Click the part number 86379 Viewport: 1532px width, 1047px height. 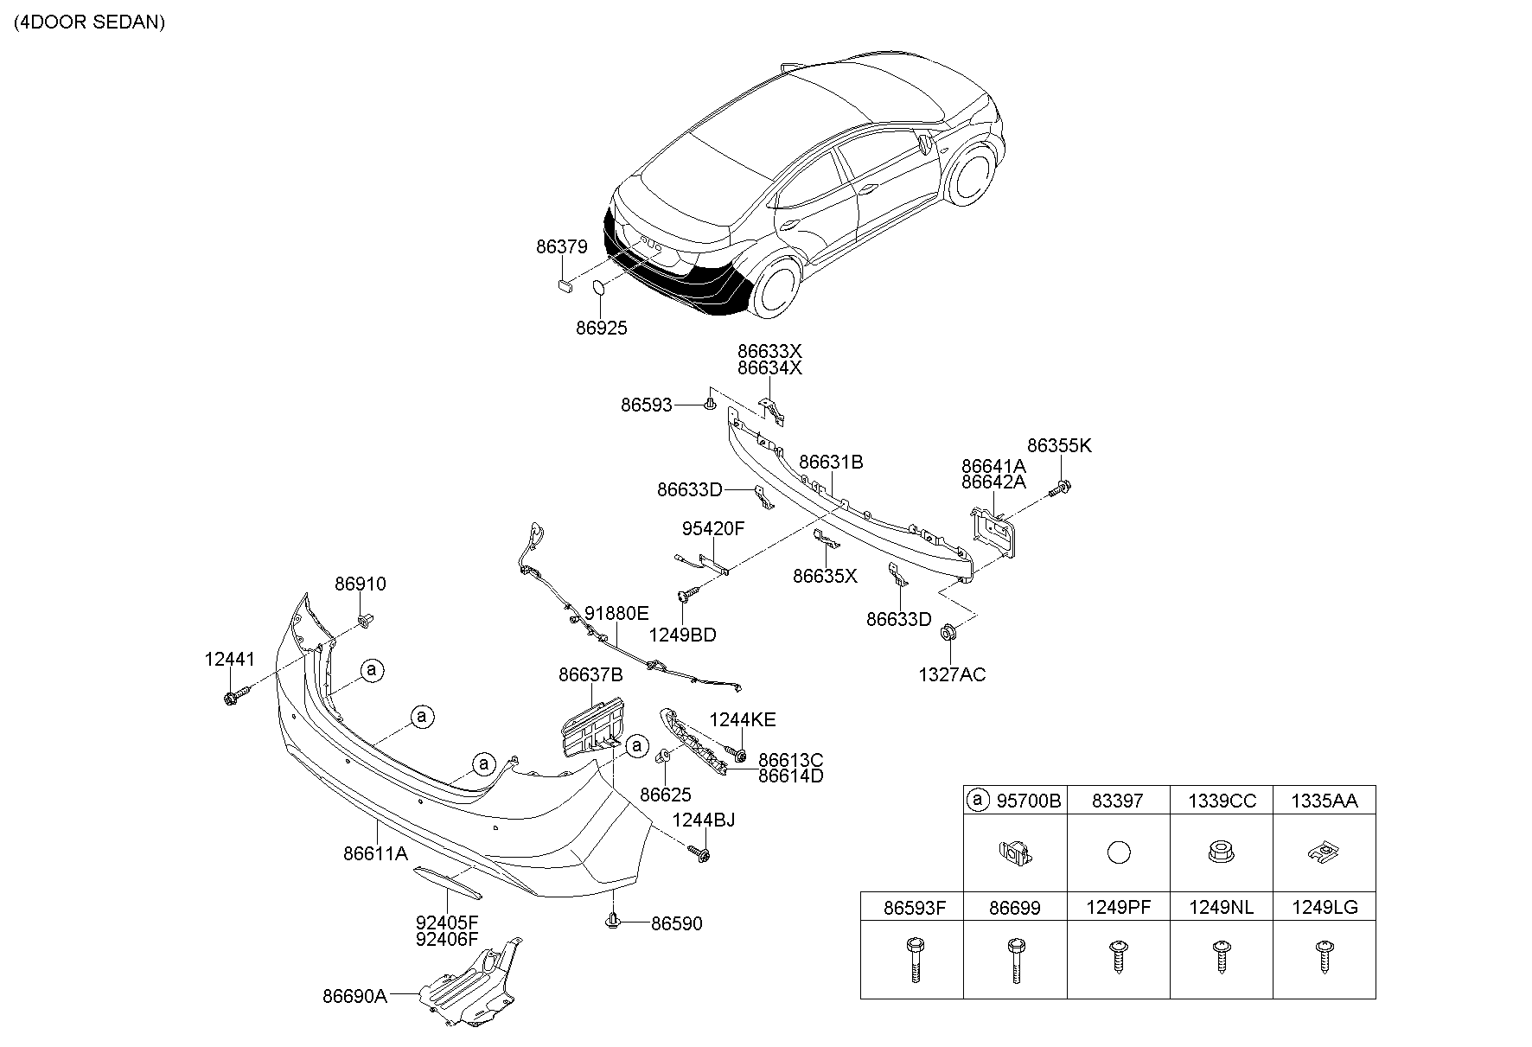pos(561,246)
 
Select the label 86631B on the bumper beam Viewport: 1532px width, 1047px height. pos(831,463)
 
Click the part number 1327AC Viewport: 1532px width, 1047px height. pos(951,674)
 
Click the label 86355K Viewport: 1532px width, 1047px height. pos(1059,446)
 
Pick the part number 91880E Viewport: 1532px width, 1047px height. pos(616,614)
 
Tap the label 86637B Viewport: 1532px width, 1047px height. pos(590,674)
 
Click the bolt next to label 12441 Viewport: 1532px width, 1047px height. pos(233,696)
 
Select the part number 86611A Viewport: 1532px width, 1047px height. pos(375,853)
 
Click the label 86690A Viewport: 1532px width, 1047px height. pos(354,996)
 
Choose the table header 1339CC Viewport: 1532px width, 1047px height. pos(1221,801)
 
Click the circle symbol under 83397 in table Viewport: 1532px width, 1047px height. pos(1118,852)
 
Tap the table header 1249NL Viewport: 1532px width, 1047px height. pos(1221,907)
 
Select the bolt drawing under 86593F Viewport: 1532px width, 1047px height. pos(912,960)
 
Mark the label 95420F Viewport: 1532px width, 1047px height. pos(712,529)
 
